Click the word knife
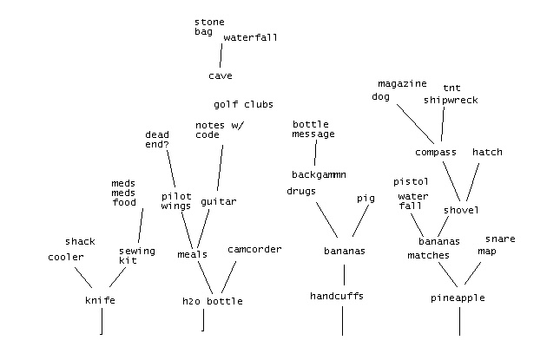pyautogui.click(x=100, y=301)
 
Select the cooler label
pyautogui.click(x=66, y=257)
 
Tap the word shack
pyautogui.click(x=80, y=241)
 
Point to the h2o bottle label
pyautogui.click(x=212, y=301)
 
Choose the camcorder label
pyautogui.click(x=254, y=250)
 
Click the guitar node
pyautogui.click(x=219, y=202)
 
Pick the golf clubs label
pyautogui.click(x=244, y=105)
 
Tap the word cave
pyautogui.click(x=221, y=76)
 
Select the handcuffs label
pyautogui.click(x=337, y=296)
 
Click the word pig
pyautogui.click(x=366, y=199)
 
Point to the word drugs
pyautogui.click(x=300, y=191)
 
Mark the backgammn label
pyautogui.click(x=319, y=174)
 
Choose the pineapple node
pyautogui.click(x=458, y=298)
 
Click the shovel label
pyautogui.click(x=461, y=210)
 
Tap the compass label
pyautogui.click(x=435, y=153)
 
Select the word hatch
pyautogui.click(x=487, y=153)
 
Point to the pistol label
pyautogui.click(x=411, y=182)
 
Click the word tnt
pyautogui.click(x=451, y=88)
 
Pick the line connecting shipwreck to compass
pyautogui.click(x=443, y=126)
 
